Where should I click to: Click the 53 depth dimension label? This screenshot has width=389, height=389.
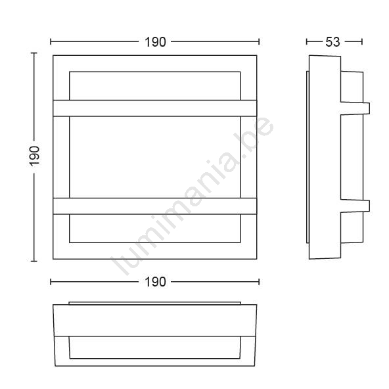[332, 42]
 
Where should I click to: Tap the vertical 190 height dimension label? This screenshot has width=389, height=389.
[34, 156]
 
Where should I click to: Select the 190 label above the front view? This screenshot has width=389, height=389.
[155, 42]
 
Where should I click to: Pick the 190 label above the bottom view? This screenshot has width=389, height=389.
[155, 282]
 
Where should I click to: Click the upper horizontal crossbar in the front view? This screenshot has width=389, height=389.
[155, 108]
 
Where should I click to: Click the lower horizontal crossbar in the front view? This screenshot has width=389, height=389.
[155, 206]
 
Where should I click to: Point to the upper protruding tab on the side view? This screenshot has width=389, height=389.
[355, 108]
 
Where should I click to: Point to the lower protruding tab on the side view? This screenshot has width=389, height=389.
[355, 206]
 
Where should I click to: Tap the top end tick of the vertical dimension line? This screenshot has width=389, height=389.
[34, 53]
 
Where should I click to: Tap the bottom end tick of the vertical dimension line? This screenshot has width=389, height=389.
[34, 262]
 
